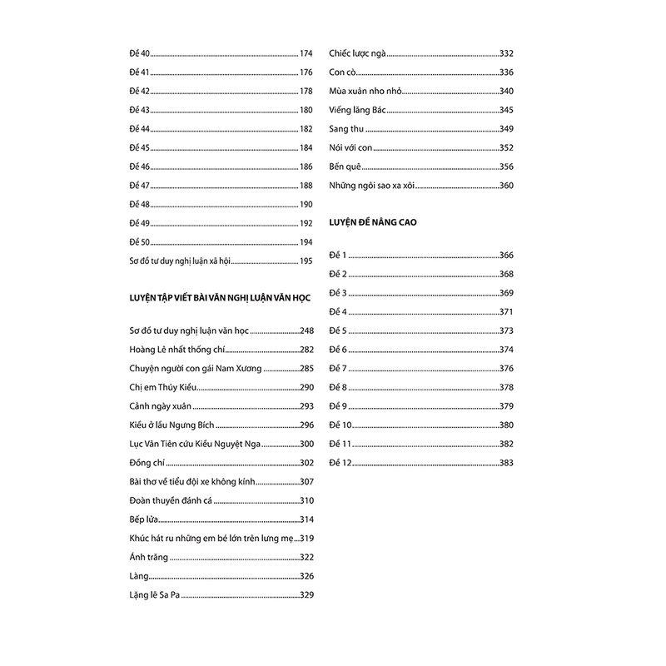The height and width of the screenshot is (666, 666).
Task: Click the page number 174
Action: coord(305,52)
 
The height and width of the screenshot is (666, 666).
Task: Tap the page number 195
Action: coord(305,261)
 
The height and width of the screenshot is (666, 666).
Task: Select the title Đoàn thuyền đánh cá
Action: coord(166,500)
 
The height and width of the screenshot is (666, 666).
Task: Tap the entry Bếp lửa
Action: coord(139,519)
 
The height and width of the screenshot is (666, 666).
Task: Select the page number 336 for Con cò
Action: coord(505,72)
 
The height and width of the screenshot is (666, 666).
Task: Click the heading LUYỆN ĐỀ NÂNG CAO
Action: coord(372,222)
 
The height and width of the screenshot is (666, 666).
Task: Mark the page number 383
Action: coord(505,463)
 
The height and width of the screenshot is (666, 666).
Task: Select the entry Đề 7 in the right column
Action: coord(338,368)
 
